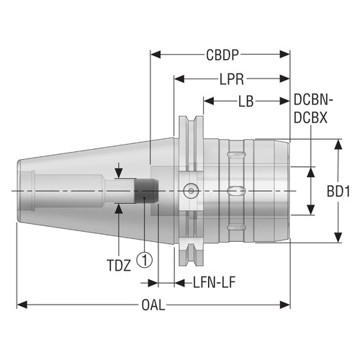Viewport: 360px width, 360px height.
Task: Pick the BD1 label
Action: (338, 192)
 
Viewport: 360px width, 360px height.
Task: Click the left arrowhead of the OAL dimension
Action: (22, 305)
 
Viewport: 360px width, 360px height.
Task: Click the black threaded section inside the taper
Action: (147, 191)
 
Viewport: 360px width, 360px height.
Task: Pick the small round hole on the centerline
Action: (189, 191)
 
